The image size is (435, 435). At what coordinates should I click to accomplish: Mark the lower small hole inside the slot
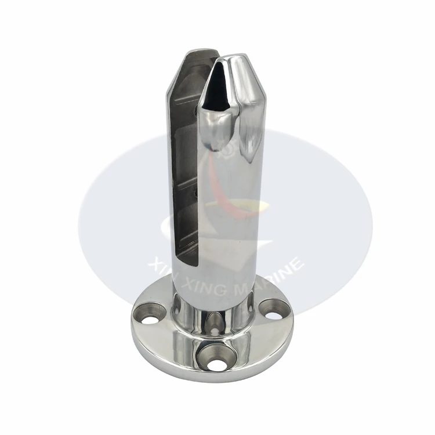pyautogui.click(x=197, y=193)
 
